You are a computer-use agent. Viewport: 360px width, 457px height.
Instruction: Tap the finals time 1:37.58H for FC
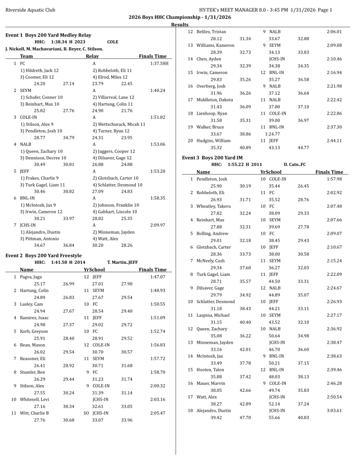click(159, 64)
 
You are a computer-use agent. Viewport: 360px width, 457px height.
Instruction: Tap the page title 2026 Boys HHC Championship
click(180, 17)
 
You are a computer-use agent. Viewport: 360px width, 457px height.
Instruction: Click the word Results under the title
click(180, 25)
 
